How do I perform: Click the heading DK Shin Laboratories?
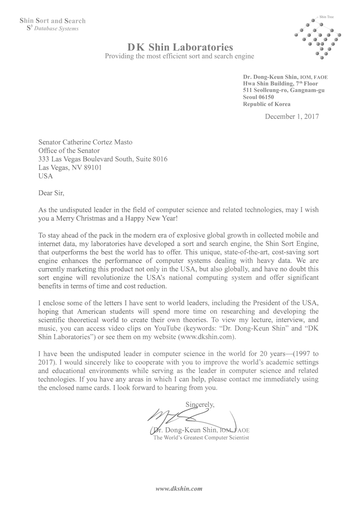click(x=180, y=47)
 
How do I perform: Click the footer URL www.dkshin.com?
click(x=180, y=487)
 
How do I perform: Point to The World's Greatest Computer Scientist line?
click(x=200, y=438)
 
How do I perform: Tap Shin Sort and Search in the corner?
click(x=52, y=21)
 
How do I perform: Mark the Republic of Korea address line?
click(x=267, y=104)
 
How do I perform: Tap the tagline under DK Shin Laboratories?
click(x=180, y=56)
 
